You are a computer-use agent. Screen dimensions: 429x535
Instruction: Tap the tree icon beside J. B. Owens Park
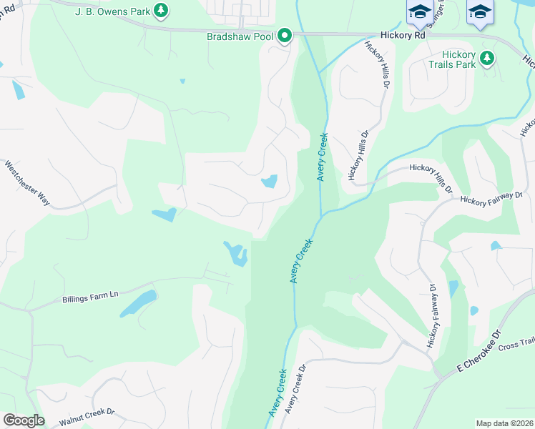tap(162, 10)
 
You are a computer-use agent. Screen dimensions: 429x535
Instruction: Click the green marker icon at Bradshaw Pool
tap(285, 35)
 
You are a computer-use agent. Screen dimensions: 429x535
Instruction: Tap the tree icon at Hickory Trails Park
tap(488, 57)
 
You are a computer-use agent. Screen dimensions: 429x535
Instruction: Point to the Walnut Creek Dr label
tap(87, 418)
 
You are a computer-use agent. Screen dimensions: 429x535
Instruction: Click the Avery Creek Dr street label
tap(295, 389)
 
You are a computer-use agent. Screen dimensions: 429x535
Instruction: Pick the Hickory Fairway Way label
tap(492, 199)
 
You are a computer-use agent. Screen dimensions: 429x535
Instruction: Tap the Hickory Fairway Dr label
tap(432, 315)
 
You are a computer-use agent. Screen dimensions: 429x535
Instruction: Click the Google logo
tap(24, 420)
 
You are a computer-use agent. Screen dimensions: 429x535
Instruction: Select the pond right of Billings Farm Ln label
tap(139, 303)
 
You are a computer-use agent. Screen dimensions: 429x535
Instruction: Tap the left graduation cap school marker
tap(420, 12)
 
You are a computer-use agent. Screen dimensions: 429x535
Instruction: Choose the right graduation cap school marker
tap(480, 12)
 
